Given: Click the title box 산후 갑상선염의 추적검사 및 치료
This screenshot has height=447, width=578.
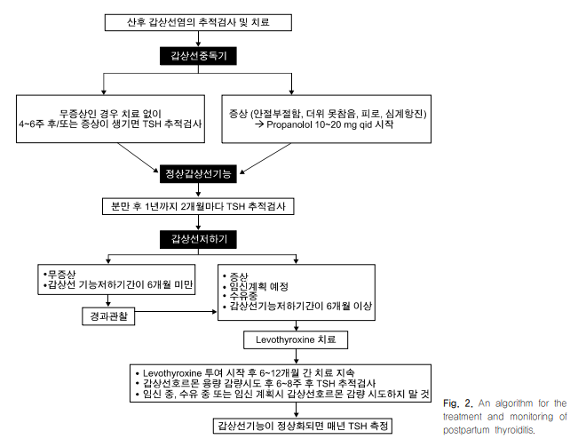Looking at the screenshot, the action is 198,22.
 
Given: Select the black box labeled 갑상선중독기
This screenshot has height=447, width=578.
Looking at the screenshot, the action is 198,56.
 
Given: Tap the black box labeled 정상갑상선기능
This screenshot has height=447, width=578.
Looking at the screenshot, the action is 198,173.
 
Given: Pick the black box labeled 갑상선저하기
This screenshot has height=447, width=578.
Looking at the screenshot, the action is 198,239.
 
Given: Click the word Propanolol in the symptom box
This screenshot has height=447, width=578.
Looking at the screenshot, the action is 289,124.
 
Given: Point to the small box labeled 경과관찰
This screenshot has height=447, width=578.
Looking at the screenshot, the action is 108,316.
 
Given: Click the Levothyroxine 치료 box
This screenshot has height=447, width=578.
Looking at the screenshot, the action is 296,339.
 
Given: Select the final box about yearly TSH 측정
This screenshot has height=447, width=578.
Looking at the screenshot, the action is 303,426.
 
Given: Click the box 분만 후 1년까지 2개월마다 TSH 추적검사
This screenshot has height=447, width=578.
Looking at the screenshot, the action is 198,206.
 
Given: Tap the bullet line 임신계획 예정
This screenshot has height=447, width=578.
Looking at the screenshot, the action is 256,286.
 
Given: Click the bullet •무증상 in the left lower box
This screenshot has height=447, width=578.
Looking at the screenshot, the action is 59,274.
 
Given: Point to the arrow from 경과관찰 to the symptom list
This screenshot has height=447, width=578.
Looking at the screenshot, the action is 176,312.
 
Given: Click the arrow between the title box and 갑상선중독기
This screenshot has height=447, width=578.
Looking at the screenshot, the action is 198,39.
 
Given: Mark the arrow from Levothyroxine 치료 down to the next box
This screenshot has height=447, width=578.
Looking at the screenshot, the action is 296,356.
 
